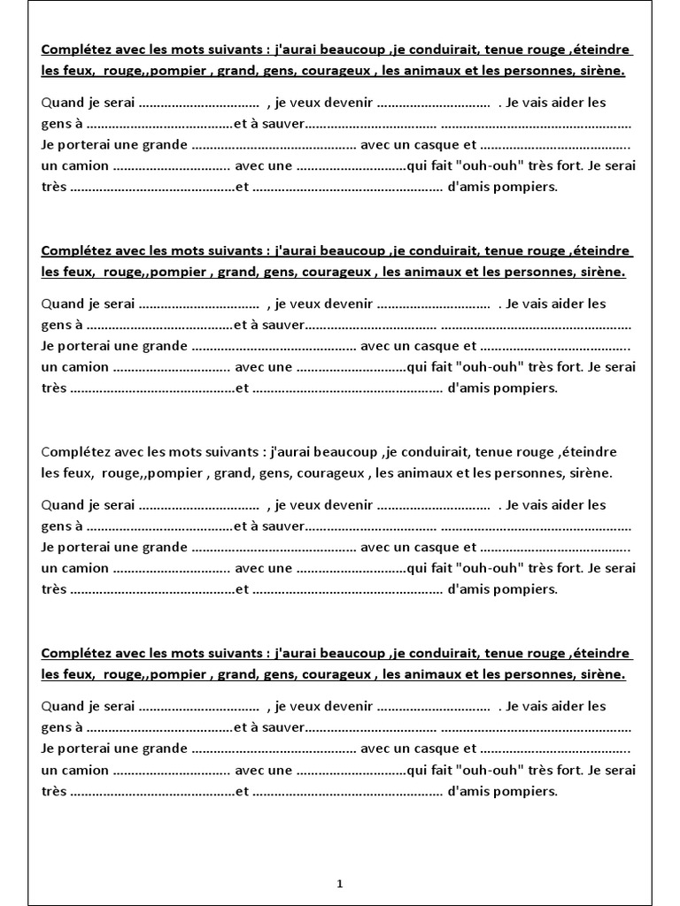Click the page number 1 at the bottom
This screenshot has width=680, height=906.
[x=340, y=883]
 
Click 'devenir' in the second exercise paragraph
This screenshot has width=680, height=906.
[x=347, y=304]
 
